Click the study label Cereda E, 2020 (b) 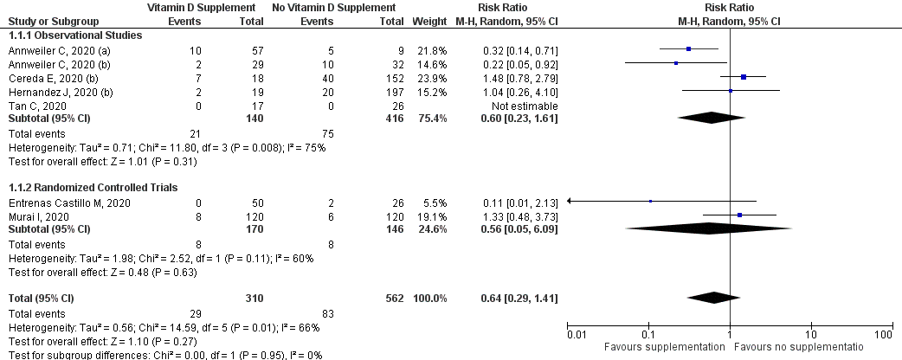tap(43, 77)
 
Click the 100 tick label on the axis tap(883, 333)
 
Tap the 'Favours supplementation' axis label tap(663, 347)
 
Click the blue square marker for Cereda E tap(744, 77)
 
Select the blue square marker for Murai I tap(739, 215)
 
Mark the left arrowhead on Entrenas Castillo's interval tap(571, 202)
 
